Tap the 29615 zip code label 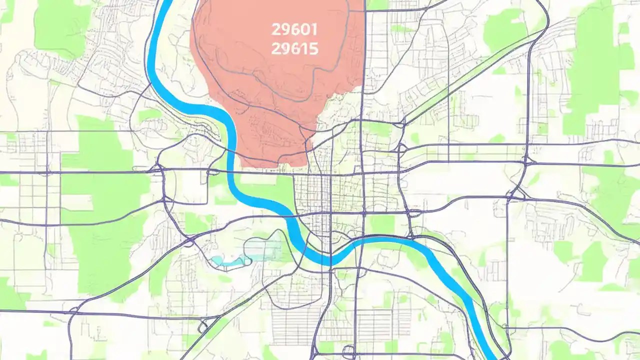[294, 48]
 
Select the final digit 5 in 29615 [314, 48]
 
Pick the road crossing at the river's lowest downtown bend [330, 260]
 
